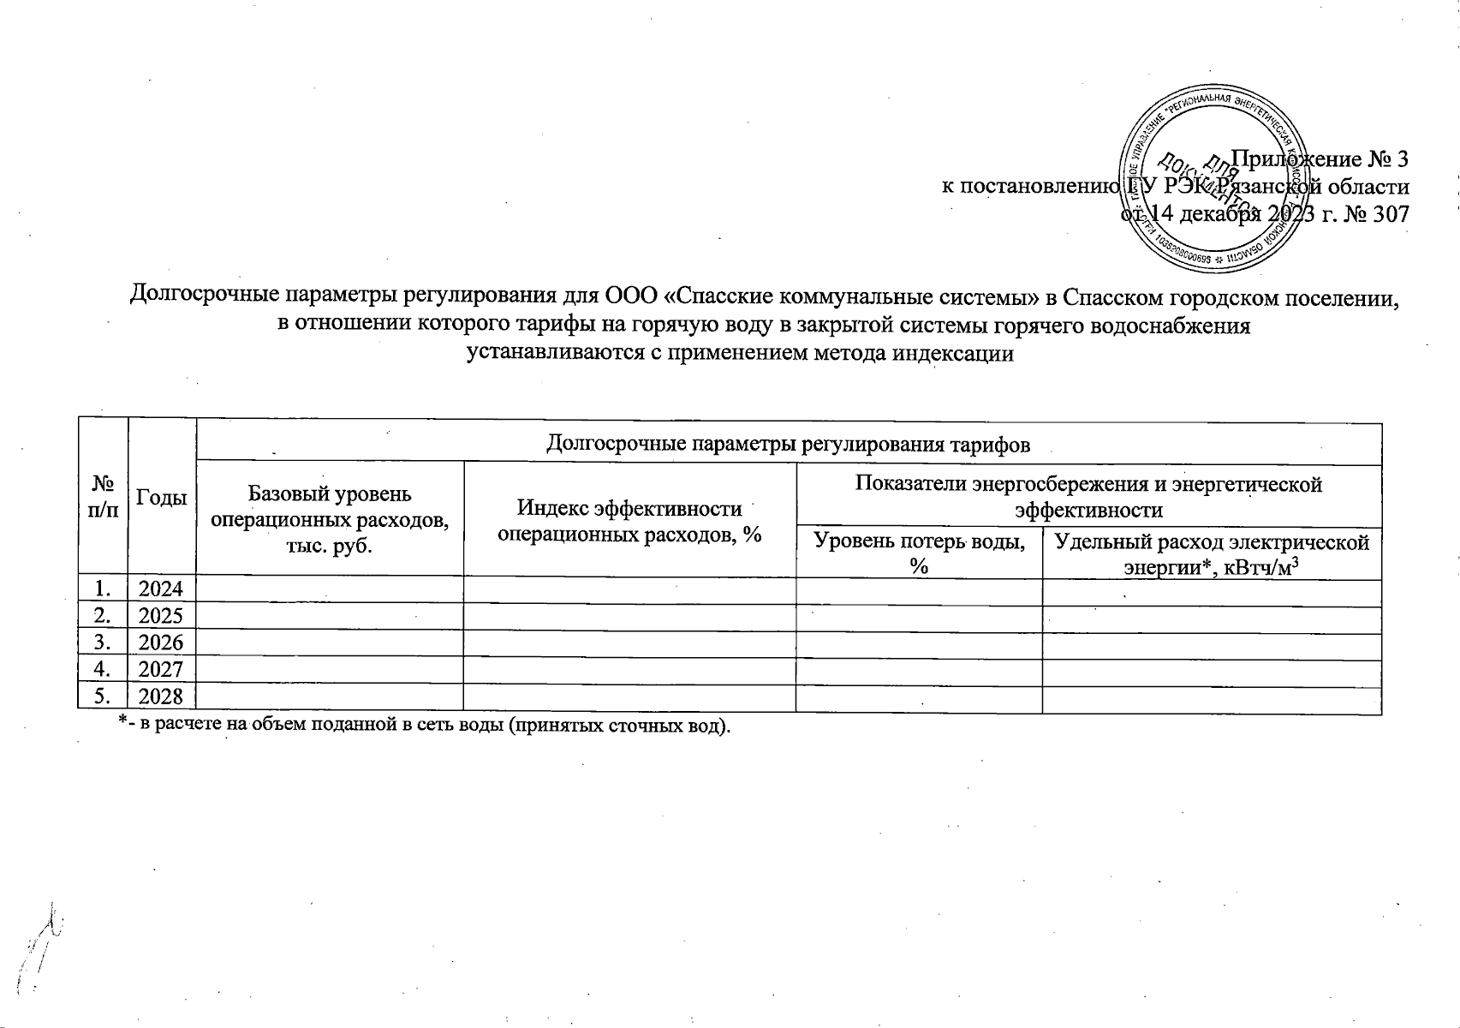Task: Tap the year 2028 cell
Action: tap(162, 696)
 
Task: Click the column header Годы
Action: tap(162, 497)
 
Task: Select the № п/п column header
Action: tap(103, 497)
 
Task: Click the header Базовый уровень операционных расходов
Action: tap(330, 519)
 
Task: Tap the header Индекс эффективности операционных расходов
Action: tap(629, 520)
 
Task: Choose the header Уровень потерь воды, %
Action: tap(919, 553)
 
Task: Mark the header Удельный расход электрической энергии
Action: tap(1212, 553)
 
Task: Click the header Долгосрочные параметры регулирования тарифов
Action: tap(788, 444)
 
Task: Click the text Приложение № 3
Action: tap(1319, 159)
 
